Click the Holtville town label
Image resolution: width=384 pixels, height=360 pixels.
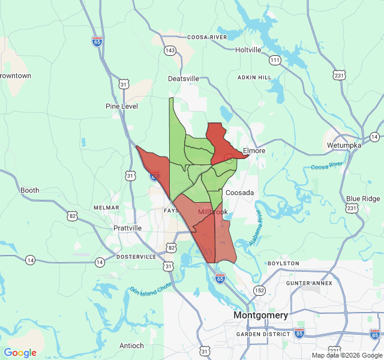tap(248, 50)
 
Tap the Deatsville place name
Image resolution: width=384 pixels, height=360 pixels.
tap(183, 79)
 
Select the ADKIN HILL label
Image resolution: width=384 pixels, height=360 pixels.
tap(254, 77)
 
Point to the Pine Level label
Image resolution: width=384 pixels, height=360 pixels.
tap(122, 106)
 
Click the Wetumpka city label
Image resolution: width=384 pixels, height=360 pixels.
tap(344, 145)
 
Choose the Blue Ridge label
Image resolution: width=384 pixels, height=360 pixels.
tap(363, 199)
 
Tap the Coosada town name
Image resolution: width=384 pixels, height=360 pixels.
tap(239, 193)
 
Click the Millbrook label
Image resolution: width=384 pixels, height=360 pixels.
tap(213, 212)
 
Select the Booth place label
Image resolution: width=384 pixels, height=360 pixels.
tap(29, 190)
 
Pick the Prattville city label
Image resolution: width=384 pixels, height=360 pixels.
tap(127, 228)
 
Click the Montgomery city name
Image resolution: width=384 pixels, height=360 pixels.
tap(260, 315)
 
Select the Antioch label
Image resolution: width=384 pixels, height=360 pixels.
tap(131, 346)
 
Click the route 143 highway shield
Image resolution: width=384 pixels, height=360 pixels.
tap(170, 50)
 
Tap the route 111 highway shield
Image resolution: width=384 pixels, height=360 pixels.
tap(275, 60)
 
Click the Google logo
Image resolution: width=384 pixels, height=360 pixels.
tap(20, 353)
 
